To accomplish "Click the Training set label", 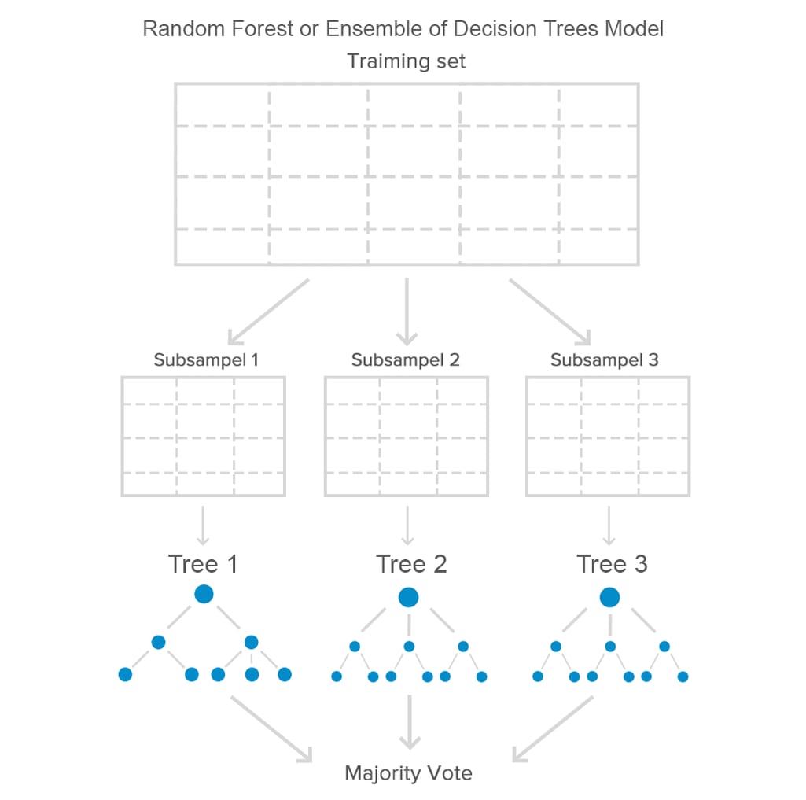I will [x=407, y=61].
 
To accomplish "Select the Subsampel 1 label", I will [x=206, y=360].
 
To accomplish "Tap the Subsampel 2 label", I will [x=406, y=360].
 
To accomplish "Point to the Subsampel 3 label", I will [x=605, y=360].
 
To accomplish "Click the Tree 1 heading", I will [x=202, y=564].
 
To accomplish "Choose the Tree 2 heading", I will [x=410, y=564].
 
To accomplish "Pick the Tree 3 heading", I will [x=612, y=564].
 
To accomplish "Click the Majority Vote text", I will [x=408, y=772].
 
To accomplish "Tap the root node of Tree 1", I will [x=204, y=594].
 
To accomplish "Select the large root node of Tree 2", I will [x=408, y=598].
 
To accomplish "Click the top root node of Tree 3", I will [x=609, y=598].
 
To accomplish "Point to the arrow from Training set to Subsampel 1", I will [x=267, y=312].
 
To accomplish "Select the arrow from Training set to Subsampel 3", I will [x=550, y=312].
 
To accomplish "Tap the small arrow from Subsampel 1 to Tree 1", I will [x=203, y=525].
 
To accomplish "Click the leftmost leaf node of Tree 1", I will [x=125, y=674].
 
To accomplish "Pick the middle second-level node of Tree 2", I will [x=409, y=647].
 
